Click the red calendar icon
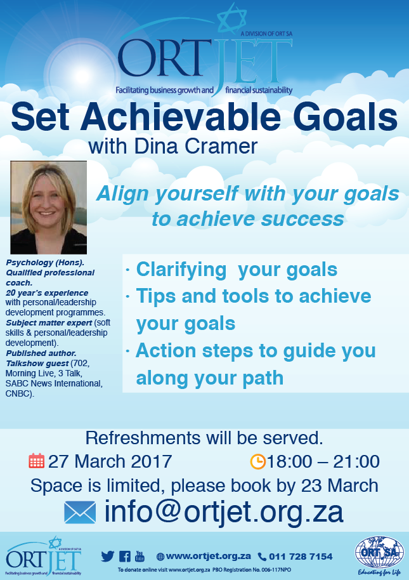tap(37, 461)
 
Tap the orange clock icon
tap(258, 461)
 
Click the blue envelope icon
tap(80, 512)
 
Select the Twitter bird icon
tap(108, 557)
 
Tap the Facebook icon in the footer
tap(124, 557)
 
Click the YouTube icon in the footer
tap(140, 556)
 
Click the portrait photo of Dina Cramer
tap(48, 208)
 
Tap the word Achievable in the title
tap(180, 117)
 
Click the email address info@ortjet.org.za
tap(224, 512)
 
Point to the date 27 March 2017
tap(110, 461)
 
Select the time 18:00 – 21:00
tap(323, 461)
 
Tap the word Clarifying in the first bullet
tap(181, 270)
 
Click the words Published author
tap(41, 353)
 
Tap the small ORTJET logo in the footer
tap(44, 557)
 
